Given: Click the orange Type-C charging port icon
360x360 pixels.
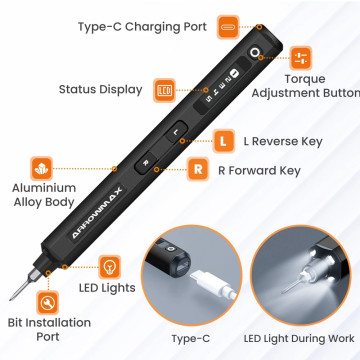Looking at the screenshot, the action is tap(229, 27).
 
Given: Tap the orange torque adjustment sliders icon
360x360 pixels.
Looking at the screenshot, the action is tap(301, 58).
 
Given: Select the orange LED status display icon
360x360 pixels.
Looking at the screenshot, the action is tap(164, 90).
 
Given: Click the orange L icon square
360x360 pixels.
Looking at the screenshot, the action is tap(223, 141).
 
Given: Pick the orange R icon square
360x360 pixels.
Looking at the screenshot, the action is tap(198, 169).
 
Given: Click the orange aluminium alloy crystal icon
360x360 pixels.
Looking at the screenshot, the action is tap(42, 168).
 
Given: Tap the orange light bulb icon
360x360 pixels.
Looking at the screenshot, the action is tap(110, 267).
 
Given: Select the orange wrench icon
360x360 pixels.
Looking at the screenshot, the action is tap(47, 302).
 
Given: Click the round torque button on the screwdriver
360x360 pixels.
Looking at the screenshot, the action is tap(255, 53).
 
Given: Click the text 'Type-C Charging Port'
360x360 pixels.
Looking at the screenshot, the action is tap(143, 27).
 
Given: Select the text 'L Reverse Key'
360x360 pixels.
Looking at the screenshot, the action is tap(283, 141).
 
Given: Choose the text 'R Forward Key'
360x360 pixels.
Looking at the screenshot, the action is tap(259, 171).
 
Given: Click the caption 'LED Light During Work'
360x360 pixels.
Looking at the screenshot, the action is tap(299, 339).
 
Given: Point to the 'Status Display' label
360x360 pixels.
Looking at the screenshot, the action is tap(101, 89).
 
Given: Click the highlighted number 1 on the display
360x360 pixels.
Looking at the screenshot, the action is tap(234, 72).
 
